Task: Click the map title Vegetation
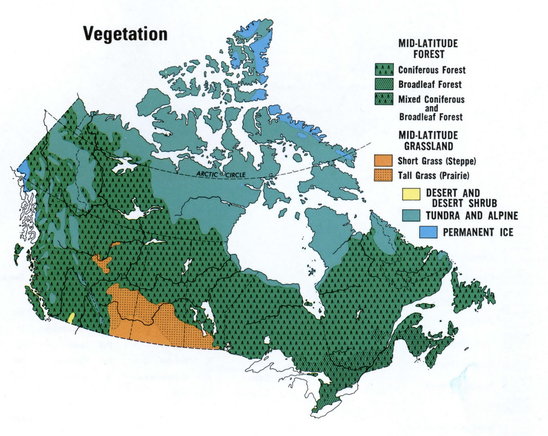[x=126, y=34]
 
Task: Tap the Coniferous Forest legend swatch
[x=384, y=70]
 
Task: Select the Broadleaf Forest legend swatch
[x=384, y=84]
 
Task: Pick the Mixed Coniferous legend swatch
[x=384, y=99]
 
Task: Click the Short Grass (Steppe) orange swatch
[x=384, y=160]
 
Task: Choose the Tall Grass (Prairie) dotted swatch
[x=384, y=175]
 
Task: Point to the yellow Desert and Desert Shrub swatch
[x=411, y=194]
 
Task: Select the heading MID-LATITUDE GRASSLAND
[x=428, y=141]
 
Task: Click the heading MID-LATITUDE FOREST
[x=428, y=48]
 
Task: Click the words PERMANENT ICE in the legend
[x=478, y=232]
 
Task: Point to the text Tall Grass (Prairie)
[x=433, y=175]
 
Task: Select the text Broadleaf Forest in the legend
[x=430, y=85]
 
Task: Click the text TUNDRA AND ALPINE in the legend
[x=472, y=215]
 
